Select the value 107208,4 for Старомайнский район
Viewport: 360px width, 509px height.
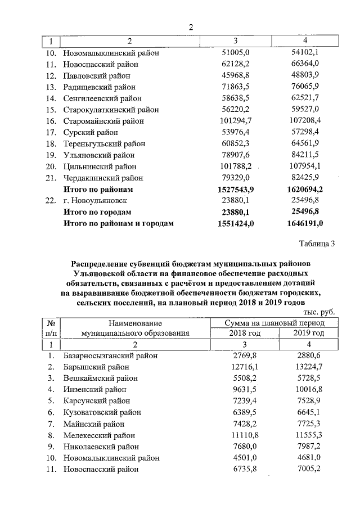pos(304,121)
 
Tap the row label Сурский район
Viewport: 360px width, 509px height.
pos(91,133)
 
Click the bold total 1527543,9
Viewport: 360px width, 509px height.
pos(236,190)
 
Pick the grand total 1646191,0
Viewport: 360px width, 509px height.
pos(304,223)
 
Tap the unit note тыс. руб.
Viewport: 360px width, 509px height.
pos(318,312)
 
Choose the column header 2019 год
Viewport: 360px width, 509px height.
pos(308,333)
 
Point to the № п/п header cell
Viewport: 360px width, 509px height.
pos(51,328)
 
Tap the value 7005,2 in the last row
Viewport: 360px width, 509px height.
pos(308,469)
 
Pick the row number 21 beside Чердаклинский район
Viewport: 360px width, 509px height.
pos(51,178)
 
